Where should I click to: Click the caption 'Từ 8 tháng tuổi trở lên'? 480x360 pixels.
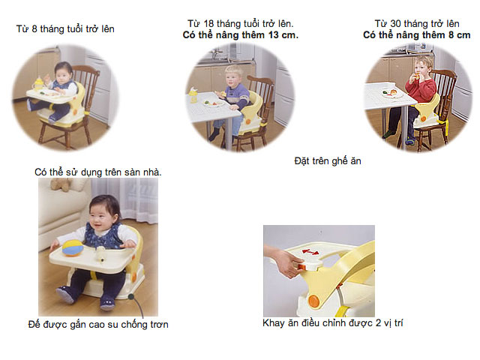coord(65,29)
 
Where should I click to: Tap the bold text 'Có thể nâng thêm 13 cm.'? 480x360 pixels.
coord(240,35)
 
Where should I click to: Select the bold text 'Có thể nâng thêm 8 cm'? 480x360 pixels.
coord(417,35)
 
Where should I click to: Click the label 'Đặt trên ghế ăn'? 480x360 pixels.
coord(328,161)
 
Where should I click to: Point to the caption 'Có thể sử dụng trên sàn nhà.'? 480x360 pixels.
coord(98,172)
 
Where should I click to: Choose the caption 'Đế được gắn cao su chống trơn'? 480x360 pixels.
coord(98,324)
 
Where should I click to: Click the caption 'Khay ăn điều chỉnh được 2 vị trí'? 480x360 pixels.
coord(333,323)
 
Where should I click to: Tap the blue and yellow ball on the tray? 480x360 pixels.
coord(72,248)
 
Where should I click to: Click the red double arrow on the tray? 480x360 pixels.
coord(310,252)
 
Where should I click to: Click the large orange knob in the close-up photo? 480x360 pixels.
coord(313,301)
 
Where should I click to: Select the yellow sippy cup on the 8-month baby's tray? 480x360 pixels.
coord(38,83)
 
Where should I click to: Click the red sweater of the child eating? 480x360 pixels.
coord(421,89)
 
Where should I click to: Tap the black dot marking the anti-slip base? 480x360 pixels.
coord(131,296)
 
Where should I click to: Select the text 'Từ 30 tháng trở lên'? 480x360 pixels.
coord(417,24)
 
